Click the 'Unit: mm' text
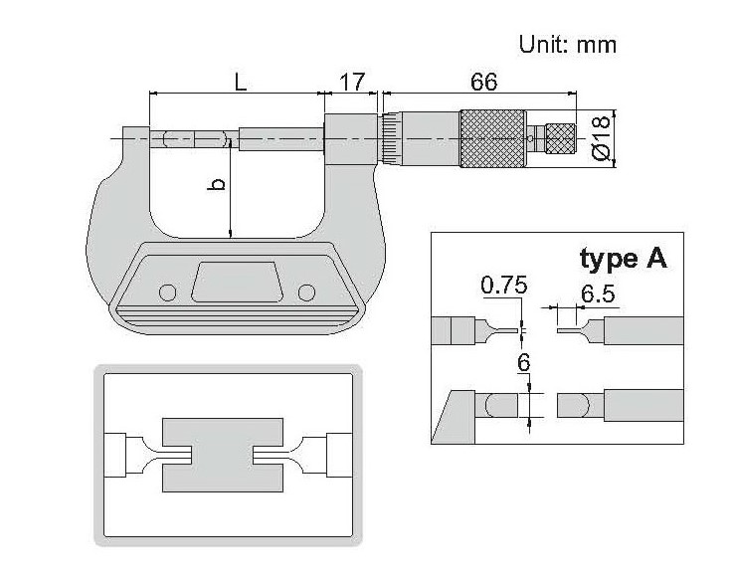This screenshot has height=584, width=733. click(x=568, y=45)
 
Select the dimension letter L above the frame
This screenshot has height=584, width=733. click(x=240, y=83)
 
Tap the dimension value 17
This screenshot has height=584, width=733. click(x=351, y=83)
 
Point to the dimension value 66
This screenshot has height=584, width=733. click(x=483, y=82)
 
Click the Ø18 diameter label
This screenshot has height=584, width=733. click(x=601, y=138)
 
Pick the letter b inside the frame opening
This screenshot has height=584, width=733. click(x=217, y=184)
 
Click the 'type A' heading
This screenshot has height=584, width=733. click(x=624, y=259)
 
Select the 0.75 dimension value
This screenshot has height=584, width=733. click(x=504, y=286)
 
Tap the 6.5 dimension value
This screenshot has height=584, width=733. click(x=598, y=294)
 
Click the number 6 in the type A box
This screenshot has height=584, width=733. click(x=523, y=362)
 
